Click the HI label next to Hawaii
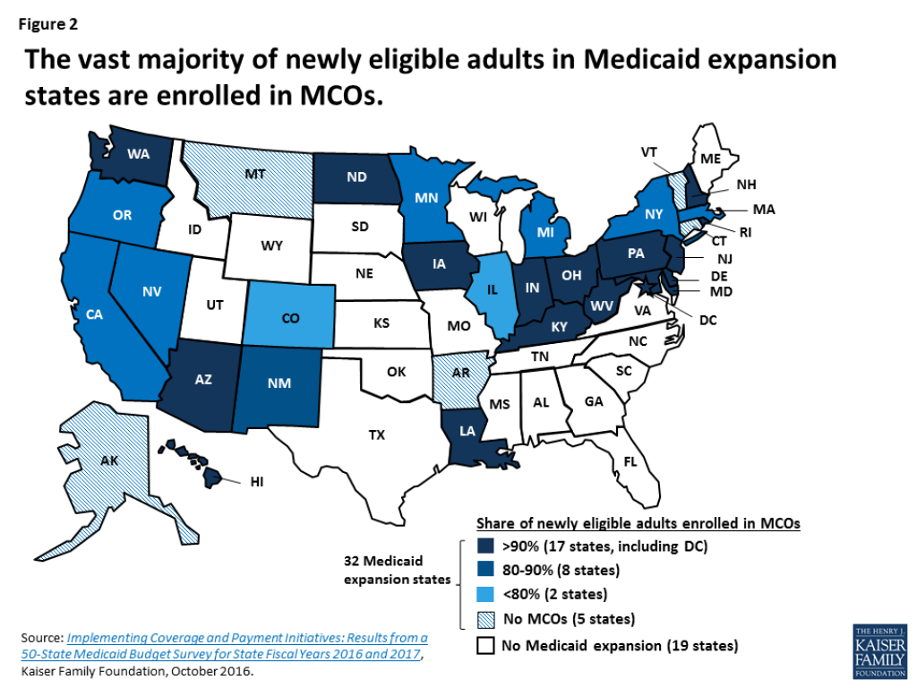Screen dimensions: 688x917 (x=256, y=481)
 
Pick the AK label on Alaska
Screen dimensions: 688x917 (x=108, y=461)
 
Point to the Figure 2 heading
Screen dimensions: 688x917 (x=48, y=24)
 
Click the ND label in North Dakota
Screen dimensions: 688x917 (x=356, y=176)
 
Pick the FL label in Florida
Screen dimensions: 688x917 (x=630, y=462)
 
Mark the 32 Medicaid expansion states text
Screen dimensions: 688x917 (x=399, y=571)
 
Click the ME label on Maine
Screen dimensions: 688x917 (x=711, y=158)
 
